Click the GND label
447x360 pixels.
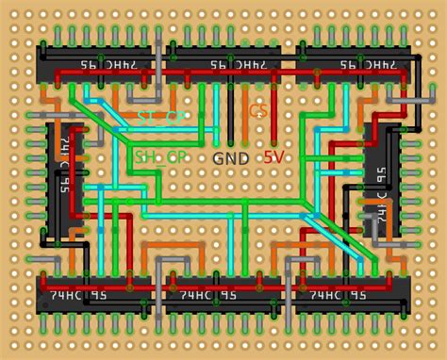coord(231,158)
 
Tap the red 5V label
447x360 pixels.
coord(273,157)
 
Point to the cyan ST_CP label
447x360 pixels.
coord(160,117)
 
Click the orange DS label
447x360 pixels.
coord(257,112)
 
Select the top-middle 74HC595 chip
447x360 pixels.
coord(223,64)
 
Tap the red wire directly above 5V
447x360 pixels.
coord(273,113)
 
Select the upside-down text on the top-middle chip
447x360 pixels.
coord(223,64)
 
